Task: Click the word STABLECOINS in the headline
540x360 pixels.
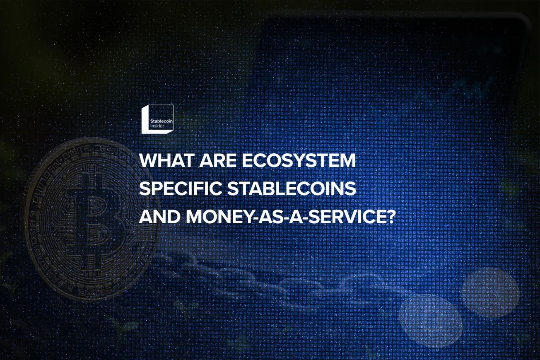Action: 292,188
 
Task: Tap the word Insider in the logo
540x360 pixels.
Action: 157,126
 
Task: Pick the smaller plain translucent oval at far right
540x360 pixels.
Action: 489,292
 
